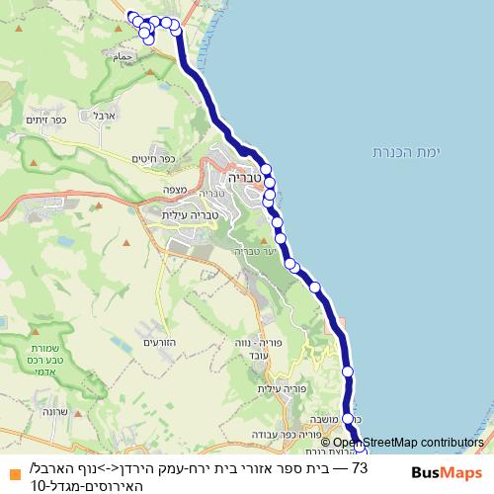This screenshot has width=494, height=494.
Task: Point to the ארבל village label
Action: pyautogui.click(x=105, y=116)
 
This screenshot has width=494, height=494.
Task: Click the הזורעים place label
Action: pyautogui.click(x=158, y=343)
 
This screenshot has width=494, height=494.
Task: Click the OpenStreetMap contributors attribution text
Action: pyautogui.click(x=408, y=443)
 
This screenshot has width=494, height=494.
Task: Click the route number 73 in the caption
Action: pyautogui.click(x=360, y=467)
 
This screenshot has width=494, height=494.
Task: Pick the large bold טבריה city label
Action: pyautogui.click(x=242, y=181)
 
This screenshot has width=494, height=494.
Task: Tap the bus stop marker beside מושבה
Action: pyautogui.click(x=348, y=419)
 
